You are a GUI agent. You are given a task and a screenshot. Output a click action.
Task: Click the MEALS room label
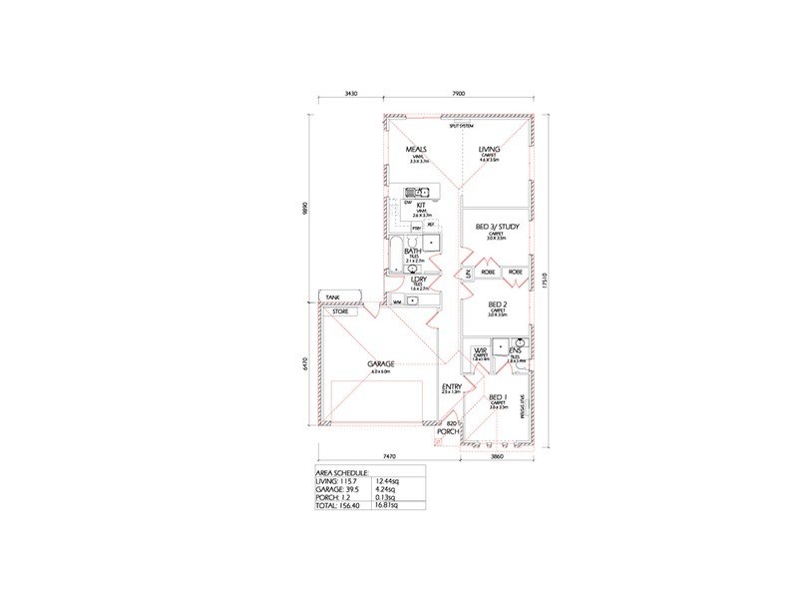tap(416, 149)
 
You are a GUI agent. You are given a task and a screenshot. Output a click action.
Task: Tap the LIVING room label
tap(489, 149)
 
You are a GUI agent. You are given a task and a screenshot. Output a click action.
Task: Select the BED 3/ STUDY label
tap(497, 229)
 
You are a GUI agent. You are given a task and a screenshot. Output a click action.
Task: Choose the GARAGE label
tap(381, 363)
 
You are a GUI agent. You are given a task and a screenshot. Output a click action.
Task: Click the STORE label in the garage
tap(341, 311)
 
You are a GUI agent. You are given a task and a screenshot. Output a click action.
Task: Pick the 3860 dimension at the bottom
tap(497, 455)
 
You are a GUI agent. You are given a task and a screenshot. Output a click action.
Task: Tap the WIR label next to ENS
tap(480, 350)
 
